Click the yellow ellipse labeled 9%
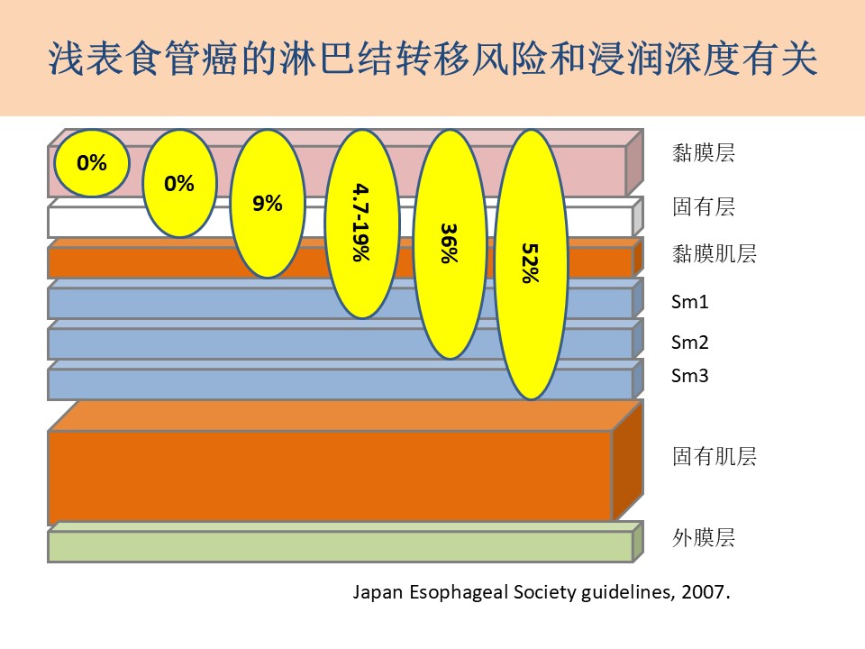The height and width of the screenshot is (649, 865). [x=268, y=204]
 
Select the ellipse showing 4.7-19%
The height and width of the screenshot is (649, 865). [x=362, y=224]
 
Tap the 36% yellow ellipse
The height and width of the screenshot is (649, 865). [x=451, y=244]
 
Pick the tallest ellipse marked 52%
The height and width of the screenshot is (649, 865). [x=532, y=264]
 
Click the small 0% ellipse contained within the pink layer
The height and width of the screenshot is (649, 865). [x=92, y=163]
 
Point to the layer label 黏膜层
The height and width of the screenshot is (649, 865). [x=704, y=153]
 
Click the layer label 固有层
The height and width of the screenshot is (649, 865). [x=704, y=207]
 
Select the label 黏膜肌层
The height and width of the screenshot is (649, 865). [x=714, y=254]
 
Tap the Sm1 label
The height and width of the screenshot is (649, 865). [x=689, y=302]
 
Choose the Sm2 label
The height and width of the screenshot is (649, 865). [x=689, y=343]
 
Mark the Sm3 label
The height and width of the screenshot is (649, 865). [x=689, y=376]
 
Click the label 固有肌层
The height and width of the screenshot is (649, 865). [x=714, y=456]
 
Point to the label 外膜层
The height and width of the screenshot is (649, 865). [x=704, y=537]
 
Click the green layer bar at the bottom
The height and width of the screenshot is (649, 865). [x=345, y=543]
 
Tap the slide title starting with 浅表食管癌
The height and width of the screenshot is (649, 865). [x=432, y=59]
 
